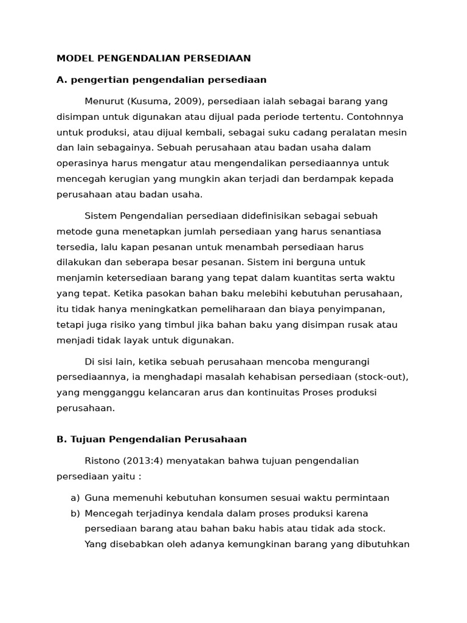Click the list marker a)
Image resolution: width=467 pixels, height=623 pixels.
coord(75,498)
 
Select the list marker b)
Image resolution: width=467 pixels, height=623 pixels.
coord(75,513)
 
